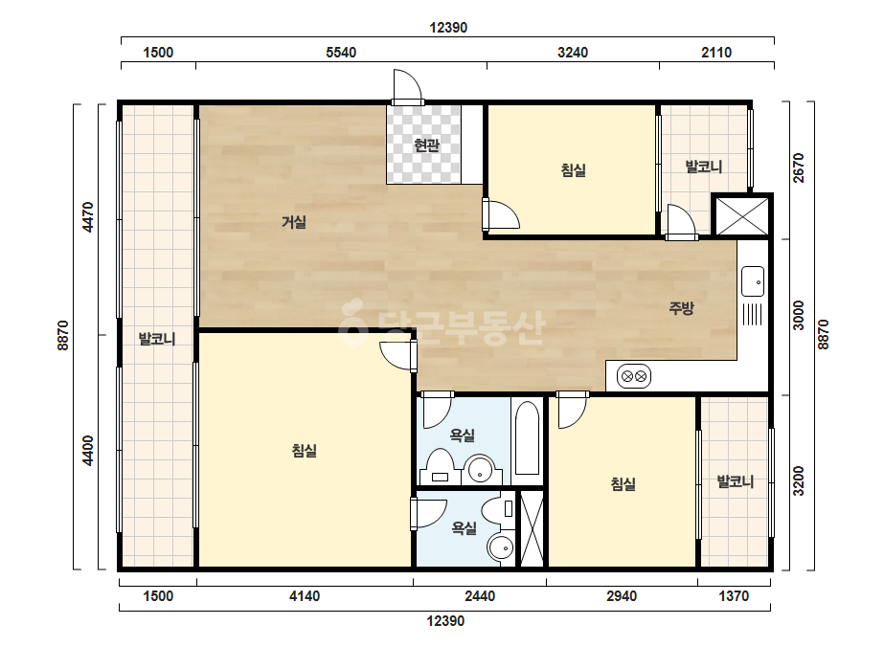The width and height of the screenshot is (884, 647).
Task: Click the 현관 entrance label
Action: [426, 145]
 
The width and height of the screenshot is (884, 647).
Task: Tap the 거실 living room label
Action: [294, 222]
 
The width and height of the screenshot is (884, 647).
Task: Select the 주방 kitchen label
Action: [681, 308]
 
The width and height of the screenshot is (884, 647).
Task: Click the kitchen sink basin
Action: [753, 281]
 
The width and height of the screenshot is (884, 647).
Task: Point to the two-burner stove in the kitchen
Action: [634, 376]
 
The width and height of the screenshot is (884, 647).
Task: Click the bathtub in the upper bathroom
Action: [528, 438]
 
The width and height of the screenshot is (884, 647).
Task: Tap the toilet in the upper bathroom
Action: [441, 467]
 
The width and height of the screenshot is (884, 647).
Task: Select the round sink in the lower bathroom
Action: [501, 547]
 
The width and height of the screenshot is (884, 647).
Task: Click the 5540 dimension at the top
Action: [341, 53]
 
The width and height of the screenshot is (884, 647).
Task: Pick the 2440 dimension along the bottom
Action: [480, 595]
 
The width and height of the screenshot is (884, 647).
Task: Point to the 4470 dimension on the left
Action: [88, 217]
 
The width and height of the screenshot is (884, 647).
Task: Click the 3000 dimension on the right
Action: [799, 316]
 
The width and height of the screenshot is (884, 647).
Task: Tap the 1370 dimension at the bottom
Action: [734, 595]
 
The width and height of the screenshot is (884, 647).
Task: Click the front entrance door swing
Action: [407, 87]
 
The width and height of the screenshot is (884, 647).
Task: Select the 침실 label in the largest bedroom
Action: [304, 450]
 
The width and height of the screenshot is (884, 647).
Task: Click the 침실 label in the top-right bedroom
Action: [574, 169]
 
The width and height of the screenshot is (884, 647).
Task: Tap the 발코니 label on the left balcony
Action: [157, 339]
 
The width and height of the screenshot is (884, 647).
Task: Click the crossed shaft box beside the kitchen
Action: [741, 215]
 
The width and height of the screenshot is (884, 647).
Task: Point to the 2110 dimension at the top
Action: [716, 53]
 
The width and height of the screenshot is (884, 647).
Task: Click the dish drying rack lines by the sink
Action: [753, 314]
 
